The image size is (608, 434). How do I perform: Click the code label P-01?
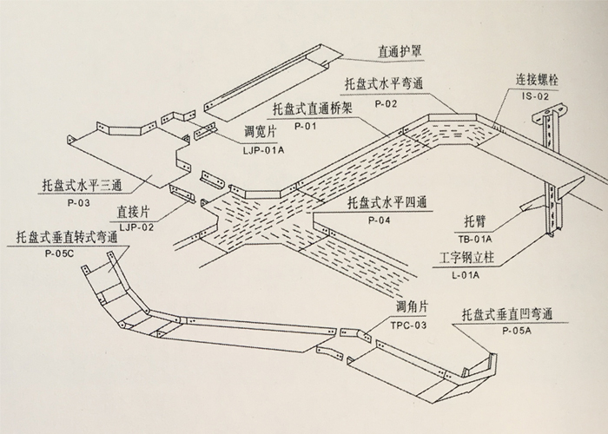coord(304,126)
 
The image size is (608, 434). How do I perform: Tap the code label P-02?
coord(386,103)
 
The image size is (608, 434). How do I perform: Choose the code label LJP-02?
coord(135,227)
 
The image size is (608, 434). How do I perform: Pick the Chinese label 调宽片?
coord(263,134)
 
